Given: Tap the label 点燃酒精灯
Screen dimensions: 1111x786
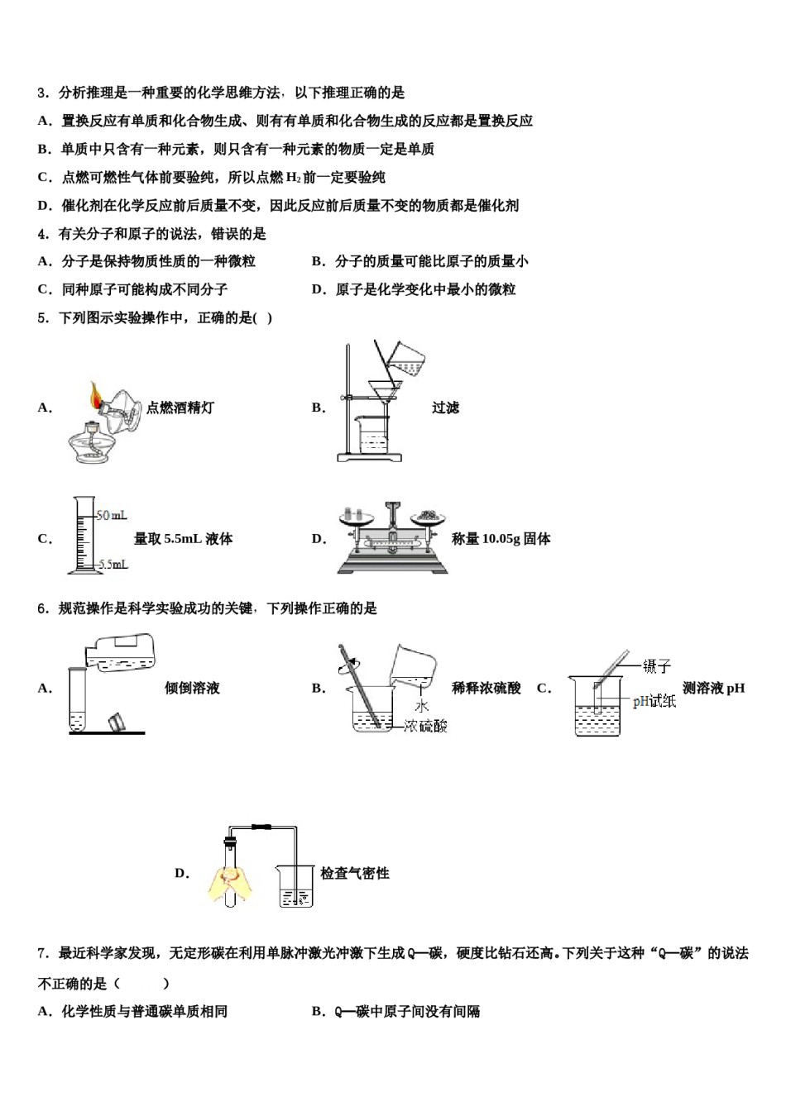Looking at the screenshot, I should (x=180, y=408).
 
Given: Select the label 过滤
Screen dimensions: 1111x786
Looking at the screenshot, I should (x=445, y=408).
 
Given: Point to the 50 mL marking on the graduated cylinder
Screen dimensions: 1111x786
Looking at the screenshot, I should (x=112, y=515).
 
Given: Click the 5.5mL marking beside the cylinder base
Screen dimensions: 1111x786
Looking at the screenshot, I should (x=113, y=565).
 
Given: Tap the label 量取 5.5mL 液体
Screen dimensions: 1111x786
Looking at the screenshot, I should (x=183, y=539).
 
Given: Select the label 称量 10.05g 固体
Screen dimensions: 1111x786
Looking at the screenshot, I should (x=501, y=539).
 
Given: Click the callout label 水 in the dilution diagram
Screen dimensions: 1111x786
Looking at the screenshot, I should (x=421, y=705).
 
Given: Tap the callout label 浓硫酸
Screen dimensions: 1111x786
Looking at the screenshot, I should (x=425, y=726).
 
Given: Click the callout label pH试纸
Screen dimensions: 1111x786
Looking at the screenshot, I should (x=654, y=701).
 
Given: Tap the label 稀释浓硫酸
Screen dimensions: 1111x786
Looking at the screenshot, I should (x=486, y=688).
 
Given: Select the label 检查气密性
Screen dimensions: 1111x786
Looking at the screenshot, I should (x=354, y=873).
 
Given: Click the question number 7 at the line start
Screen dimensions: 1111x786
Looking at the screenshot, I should (x=42, y=953).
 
